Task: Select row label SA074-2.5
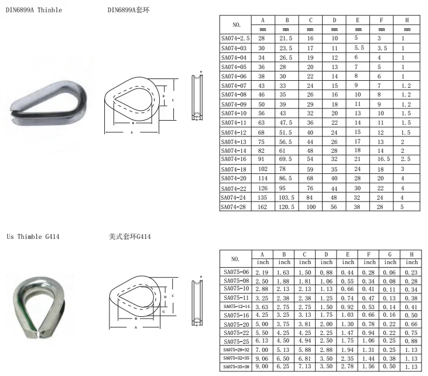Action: pos(235,37)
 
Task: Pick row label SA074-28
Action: pos(235,207)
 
